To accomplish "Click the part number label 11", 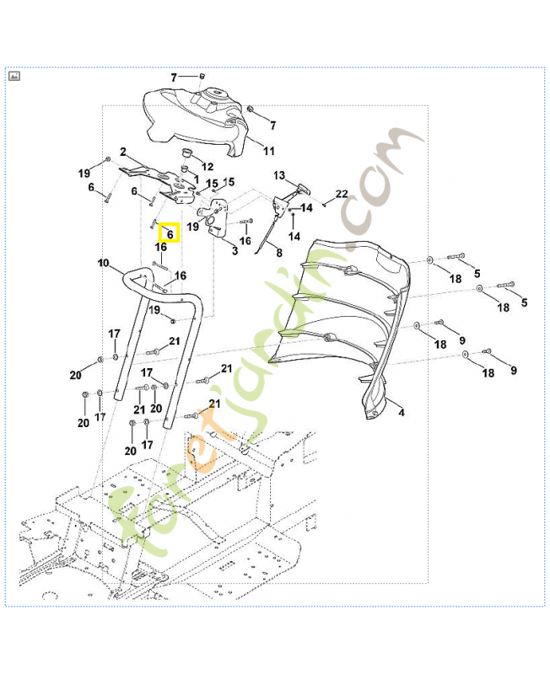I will pyautogui.click(x=268, y=152).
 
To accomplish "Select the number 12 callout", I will pyautogui.click(x=208, y=167).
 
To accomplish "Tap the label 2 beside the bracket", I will pyautogui.click(x=123, y=152).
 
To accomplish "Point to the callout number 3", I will pyautogui.click(x=234, y=251).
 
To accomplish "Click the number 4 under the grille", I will pyautogui.click(x=401, y=413).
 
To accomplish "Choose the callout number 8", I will pyautogui.click(x=279, y=253).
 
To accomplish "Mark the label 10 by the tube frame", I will pyautogui.click(x=104, y=264).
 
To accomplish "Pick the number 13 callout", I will pyautogui.click(x=279, y=175).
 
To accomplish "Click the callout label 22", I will pyautogui.click(x=342, y=195).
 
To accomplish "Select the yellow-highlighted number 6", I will pyautogui.click(x=170, y=233).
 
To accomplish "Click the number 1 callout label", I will pyautogui.click(x=197, y=179).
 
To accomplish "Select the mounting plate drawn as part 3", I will pyautogui.click(x=220, y=222).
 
